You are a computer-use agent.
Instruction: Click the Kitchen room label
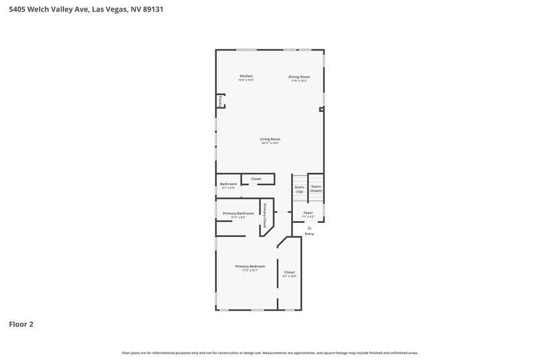pos(246,76)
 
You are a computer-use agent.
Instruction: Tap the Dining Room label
pos(299,76)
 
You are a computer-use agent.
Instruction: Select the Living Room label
pos(270,139)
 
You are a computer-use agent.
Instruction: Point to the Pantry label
pos(219,101)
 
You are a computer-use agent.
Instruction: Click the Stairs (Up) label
pos(299,188)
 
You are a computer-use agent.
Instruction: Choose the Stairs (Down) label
pos(316,188)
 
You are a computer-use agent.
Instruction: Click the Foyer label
pos(308,213)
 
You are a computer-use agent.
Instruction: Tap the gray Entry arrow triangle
pos(309,228)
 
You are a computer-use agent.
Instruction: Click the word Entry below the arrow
pos(309,234)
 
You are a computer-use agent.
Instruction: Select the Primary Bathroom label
pos(238,213)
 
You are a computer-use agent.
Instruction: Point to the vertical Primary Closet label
pos(265,215)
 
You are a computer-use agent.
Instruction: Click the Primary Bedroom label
pos(250,267)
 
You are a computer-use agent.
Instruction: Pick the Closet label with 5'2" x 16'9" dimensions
pos(289,272)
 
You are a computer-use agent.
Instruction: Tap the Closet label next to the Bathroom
pos(256,179)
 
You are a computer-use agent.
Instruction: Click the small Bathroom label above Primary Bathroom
pos(228,184)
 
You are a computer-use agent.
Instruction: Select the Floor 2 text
pos(21,324)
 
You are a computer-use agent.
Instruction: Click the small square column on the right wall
pos(322,109)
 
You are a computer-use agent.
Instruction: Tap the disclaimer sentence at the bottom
pos(270,353)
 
